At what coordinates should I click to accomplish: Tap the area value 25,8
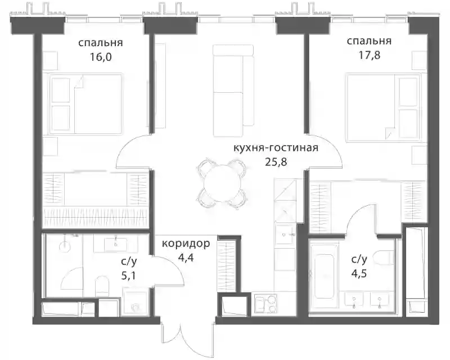click(276, 162)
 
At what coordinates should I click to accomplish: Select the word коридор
click(186, 244)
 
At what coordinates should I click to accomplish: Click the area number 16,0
click(101, 57)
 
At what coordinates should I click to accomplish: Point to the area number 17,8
click(370, 55)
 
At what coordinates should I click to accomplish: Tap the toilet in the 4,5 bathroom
click(385, 258)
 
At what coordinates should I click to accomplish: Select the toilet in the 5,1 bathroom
click(102, 284)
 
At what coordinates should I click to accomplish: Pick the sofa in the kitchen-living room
click(233, 90)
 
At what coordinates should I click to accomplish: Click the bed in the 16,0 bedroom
click(86, 103)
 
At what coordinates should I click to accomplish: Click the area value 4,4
click(186, 258)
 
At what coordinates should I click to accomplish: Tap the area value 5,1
click(129, 276)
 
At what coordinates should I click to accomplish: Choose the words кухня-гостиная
click(276, 148)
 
